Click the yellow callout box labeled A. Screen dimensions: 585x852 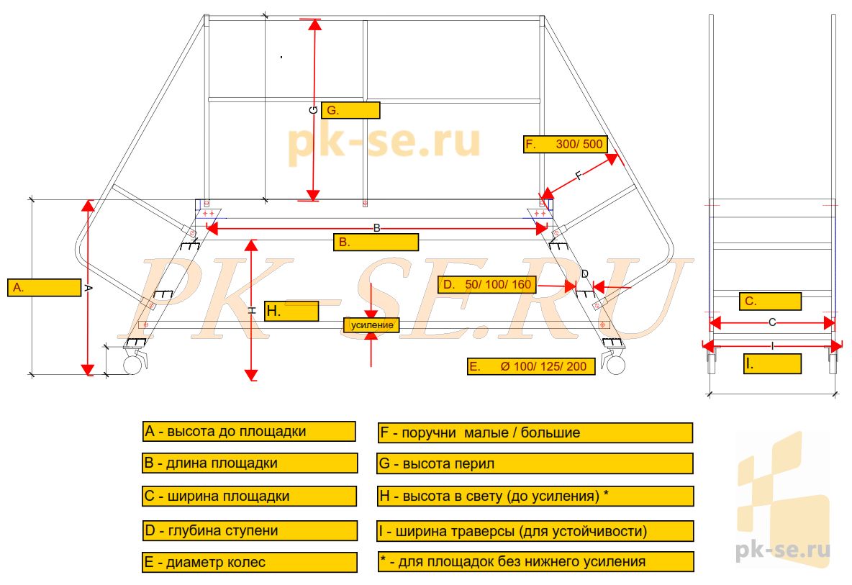(x=44, y=287)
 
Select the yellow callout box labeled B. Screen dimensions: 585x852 (x=376, y=242)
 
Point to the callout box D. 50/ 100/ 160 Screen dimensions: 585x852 (x=487, y=285)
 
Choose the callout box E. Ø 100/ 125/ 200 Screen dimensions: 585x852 (x=531, y=366)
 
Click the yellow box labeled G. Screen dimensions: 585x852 (x=350, y=110)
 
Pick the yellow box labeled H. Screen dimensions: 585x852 (x=291, y=311)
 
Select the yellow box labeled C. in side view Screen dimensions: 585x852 (x=770, y=301)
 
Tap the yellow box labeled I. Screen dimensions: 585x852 (x=772, y=364)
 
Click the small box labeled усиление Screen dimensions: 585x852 (x=372, y=325)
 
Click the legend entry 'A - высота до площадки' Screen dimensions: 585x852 (x=249, y=432)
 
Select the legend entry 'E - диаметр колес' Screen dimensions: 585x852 (x=249, y=563)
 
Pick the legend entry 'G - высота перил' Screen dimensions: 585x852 (x=535, y=463)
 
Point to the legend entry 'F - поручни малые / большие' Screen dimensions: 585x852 (x=535, y=432)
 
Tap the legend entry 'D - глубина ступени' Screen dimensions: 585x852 (x=249, y=531)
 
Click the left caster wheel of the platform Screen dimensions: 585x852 (x=132, y=366)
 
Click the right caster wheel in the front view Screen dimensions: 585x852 (x=615, y=366)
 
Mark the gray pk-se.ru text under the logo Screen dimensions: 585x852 (x=783, y=550)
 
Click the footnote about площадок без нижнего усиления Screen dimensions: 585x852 (x=535, y=561)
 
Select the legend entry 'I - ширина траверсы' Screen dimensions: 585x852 (x=535, y=532)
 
